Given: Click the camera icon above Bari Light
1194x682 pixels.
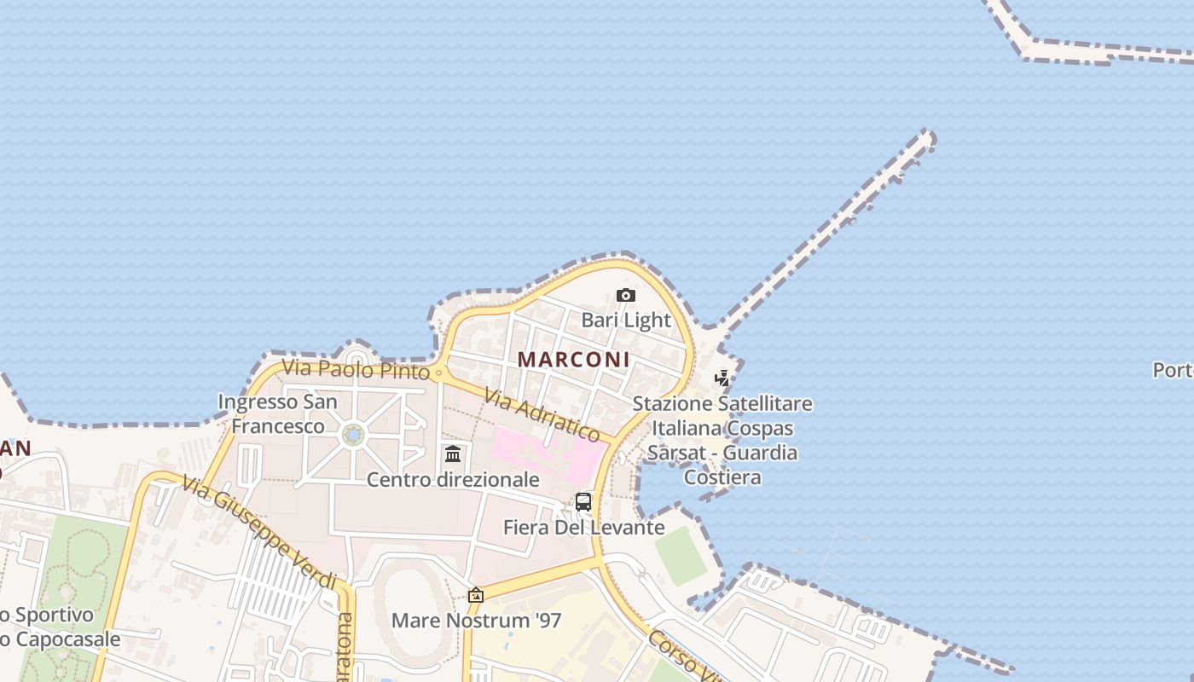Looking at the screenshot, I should pyautogui.click(x=626, y=296).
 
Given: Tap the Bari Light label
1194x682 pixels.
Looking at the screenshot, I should pyautogui.click(x=626, y=321).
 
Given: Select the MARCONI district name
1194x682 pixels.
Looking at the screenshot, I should pyautogui.click(x=573, y=360).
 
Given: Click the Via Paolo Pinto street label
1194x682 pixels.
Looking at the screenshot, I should pyautogui.click(x=356, y=370).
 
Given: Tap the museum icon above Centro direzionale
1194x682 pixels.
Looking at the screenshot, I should pyautogui.click(x=453, y=454).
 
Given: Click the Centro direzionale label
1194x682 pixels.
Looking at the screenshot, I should pyautogui.click(x=453, y=480).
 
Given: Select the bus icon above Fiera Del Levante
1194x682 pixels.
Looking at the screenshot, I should pyautogui.click(x=583, y=502).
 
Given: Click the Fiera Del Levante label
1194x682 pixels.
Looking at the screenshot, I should pyautogui.click(x=583, y=528).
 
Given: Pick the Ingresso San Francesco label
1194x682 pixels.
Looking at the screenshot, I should pyautogui.click(x=277, y=413).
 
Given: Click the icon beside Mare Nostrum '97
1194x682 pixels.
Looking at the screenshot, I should pyautogui.click(x=476, y=595).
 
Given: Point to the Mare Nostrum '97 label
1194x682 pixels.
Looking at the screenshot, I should pyautogui.click(x=476, y=620).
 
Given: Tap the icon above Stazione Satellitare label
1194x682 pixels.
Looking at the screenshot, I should pyautogui.click(x=722, y=378).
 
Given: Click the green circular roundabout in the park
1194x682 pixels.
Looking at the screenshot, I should pyautogui.click(x=353, y=436).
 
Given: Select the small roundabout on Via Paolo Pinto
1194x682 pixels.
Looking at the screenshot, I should pyautogui.click(x=439, y=373).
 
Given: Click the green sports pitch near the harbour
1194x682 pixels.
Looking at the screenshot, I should pyautogui.click(x=681, y=556).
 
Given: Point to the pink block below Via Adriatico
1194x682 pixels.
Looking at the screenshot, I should pyautogui.click(x=546, y=452).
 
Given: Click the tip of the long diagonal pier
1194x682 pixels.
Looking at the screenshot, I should pyautogui.click(x=927, y=137).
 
